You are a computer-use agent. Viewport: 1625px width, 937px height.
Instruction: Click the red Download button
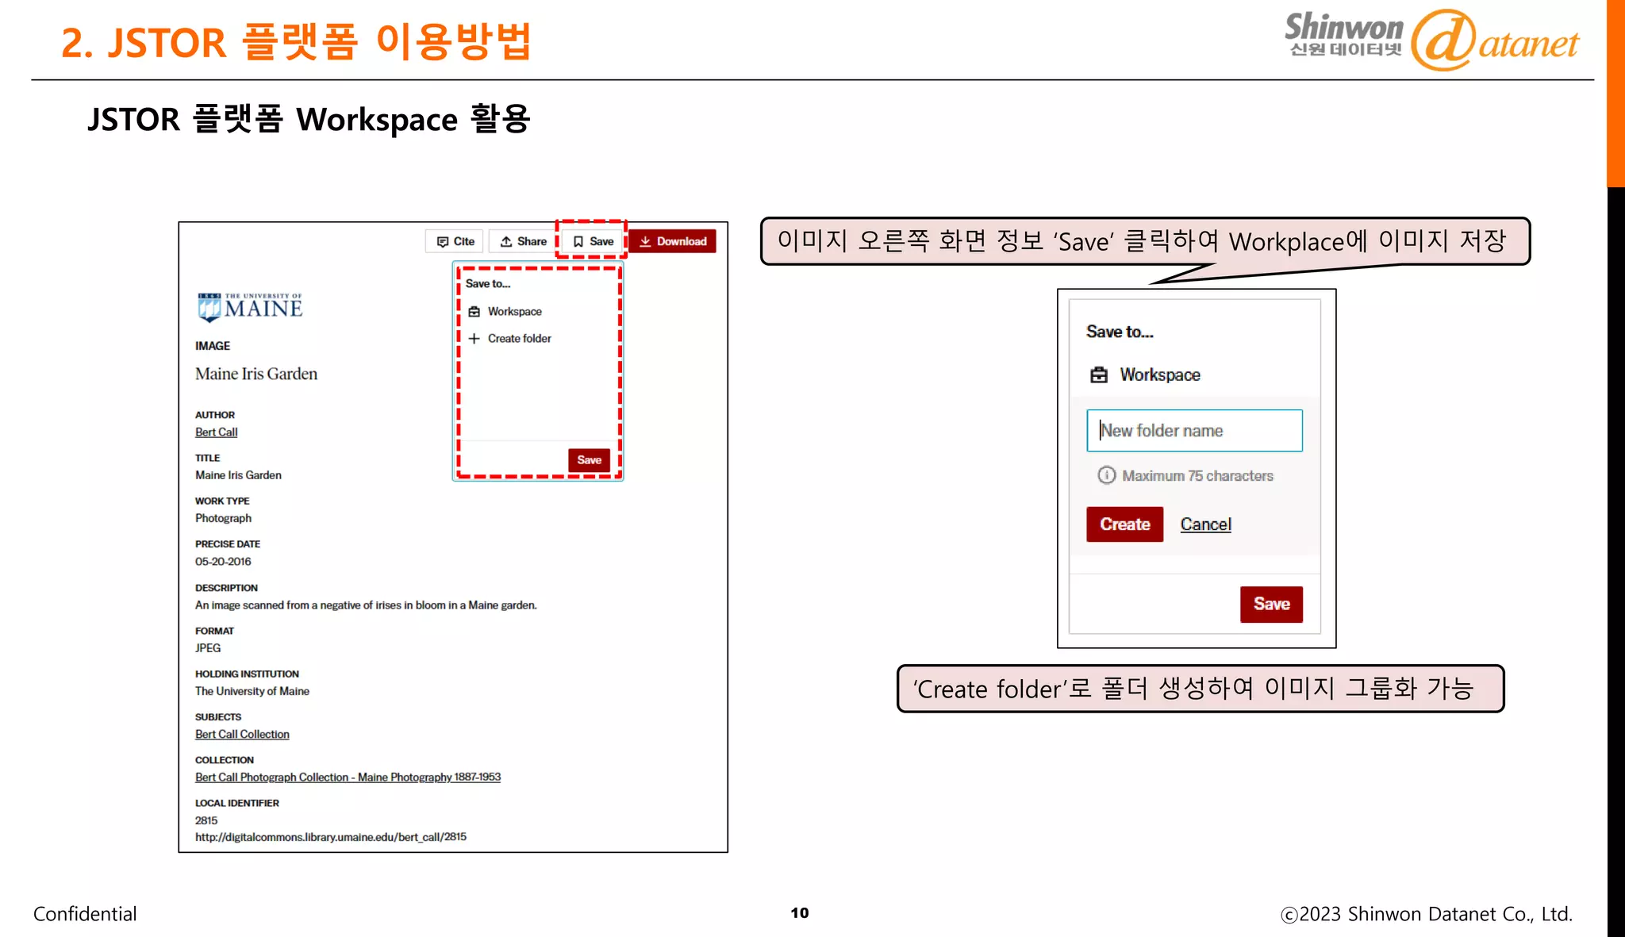click(x=673, y=241)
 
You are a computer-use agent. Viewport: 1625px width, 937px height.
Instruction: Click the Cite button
click(x=455, y=241)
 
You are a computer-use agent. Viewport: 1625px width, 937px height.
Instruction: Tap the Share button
click(x=524, y=241)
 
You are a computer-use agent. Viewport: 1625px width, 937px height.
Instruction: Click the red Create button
click(x=1124, y=524)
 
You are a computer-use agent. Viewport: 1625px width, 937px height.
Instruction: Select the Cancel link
click(x=1205, y=524)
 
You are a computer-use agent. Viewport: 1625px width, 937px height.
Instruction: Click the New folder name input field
click(x=1194, y=431)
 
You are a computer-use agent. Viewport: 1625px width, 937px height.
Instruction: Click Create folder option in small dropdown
click(x=519, y=339)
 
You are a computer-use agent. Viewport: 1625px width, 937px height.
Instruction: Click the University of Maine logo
click(x=250, y=307)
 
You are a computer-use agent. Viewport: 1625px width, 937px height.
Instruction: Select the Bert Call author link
click(x=216, y=432)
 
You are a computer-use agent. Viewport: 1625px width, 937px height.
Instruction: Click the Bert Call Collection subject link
click(x=242, y=735)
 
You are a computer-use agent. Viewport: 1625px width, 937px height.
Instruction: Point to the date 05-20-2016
click(x=223, y=562)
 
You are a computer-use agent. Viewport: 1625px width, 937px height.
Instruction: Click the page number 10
click(x=800, y=913)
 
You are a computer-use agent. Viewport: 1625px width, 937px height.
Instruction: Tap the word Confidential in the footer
click(x=85, y=914)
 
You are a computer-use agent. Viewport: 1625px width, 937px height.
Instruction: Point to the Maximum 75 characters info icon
click(x=1106, y=475)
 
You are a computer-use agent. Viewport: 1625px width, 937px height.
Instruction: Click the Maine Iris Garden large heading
click(x=256, y=374)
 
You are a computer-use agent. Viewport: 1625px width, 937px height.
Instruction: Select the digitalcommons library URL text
click(x=331, y=837)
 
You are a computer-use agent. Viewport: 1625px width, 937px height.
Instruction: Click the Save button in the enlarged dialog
click(x=1271, y=605)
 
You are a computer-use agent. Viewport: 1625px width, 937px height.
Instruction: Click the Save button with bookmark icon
click(x=593, y=241)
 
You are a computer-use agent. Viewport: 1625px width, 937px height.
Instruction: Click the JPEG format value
click(x=208, y=648)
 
